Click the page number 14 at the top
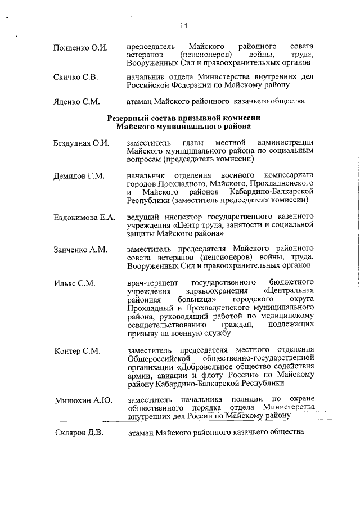coord(183,25)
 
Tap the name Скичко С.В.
coord(76,77)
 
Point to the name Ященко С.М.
coord(77,102)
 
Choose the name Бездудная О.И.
coord(81,143)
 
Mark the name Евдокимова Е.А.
coord(84,217)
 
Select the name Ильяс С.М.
coord(74,283)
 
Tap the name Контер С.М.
coord(77,351)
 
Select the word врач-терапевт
coord(151,281)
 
